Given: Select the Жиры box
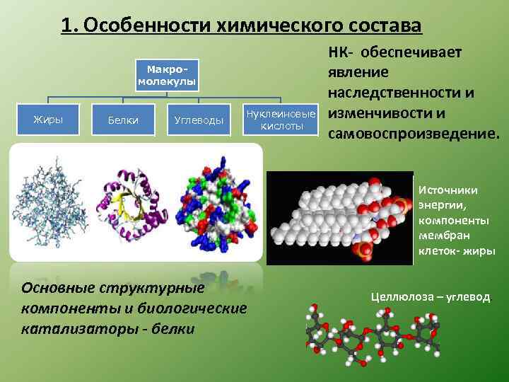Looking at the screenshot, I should (48, 120).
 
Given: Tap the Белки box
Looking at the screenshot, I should (123, 121).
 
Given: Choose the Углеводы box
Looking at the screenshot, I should (199, 121).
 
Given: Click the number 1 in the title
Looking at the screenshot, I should (66, 26).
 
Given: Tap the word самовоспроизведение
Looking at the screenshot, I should (413, 134).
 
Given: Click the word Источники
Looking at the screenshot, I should (448, 190).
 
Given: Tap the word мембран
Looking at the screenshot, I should (443, 236).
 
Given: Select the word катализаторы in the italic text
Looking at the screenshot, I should (66, 328).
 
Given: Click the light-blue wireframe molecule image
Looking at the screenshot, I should (52, 202).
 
